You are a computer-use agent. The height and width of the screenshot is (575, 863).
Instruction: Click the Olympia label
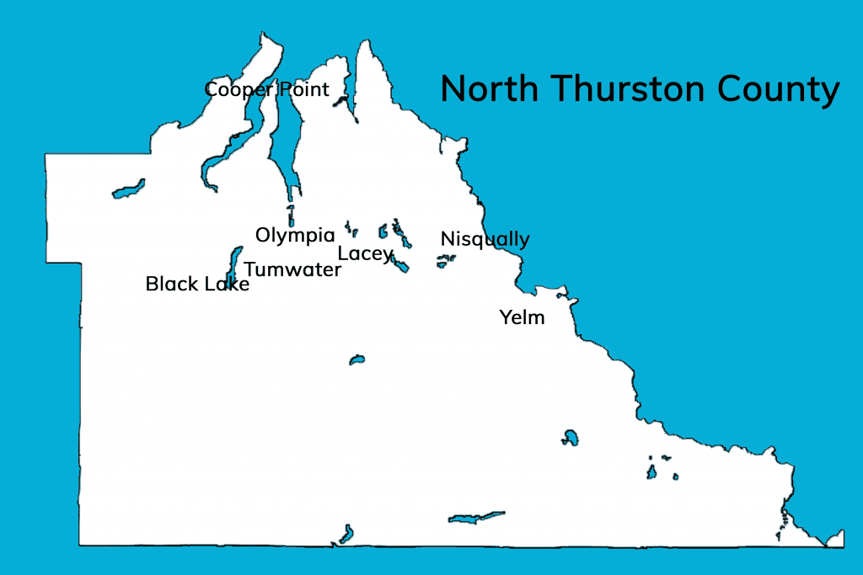tap(295, 236)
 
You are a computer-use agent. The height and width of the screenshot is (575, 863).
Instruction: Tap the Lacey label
tap(365, 253)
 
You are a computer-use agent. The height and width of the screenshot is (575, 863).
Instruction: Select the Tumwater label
tap(292, 270)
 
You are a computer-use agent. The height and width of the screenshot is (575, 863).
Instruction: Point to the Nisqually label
tap(485, 240)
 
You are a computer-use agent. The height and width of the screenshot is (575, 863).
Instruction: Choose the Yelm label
tap(522, 318)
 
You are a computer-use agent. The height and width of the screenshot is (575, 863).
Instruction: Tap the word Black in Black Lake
tap(172, 285)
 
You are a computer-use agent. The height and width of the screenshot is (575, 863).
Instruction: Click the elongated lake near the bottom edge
tap(476, 517)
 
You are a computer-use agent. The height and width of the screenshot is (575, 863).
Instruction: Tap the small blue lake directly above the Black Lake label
tap(234, 262)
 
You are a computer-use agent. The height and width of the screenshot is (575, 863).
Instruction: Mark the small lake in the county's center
tap(356, 360)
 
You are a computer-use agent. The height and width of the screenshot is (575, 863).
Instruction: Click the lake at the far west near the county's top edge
tap(128, 189)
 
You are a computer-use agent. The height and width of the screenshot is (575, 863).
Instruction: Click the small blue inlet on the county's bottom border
tap(346, 534)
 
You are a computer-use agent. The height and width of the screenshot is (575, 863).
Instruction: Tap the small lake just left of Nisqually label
tap(444, 262)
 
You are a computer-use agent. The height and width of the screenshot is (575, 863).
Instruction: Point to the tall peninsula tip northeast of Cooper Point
tap(367, 55)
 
